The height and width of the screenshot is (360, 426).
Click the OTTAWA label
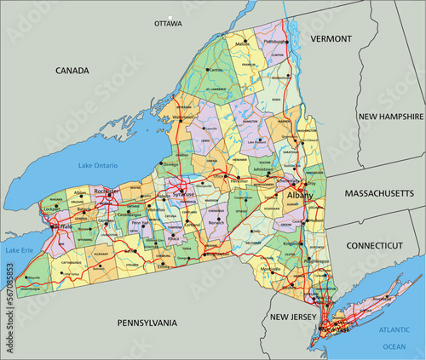point(169,24)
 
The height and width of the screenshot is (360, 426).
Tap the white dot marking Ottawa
point(170,16)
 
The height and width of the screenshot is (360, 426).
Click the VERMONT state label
point(331,39)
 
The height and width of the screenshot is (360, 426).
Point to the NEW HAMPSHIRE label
point(391,116)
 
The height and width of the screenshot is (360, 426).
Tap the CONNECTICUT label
point(374,245)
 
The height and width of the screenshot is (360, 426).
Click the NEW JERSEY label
point(292,317)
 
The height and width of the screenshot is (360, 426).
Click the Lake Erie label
point(17,250)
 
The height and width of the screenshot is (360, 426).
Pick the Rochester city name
point(107,191)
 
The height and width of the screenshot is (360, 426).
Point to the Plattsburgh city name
point(273,40)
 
